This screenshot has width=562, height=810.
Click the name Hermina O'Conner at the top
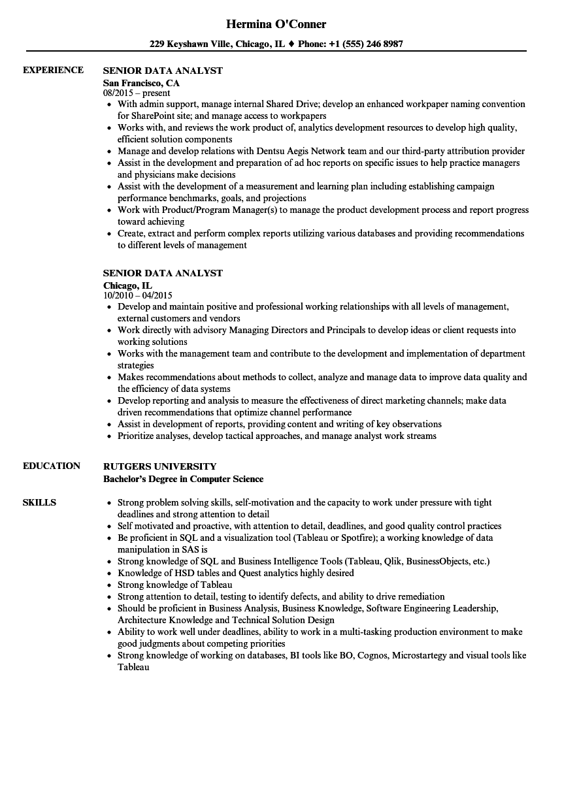276,24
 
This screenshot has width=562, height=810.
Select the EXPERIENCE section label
53,70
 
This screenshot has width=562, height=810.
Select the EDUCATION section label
52,466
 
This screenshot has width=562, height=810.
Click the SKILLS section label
39,502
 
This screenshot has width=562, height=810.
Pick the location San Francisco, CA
141,83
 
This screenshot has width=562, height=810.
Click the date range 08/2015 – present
137,93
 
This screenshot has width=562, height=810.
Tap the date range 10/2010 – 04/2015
138,295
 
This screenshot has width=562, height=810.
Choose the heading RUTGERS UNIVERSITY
159,466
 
